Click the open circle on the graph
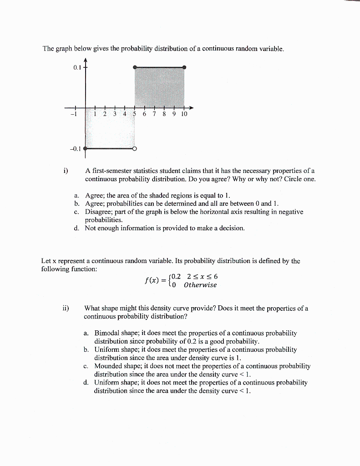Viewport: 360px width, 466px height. tap(134, 148)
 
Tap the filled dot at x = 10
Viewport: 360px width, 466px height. tap(184, 67)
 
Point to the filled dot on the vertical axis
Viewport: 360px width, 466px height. tap(85, 148)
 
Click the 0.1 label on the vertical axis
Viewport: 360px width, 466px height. tap(76, 68)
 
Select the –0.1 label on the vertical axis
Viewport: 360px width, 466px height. tap(75, 148)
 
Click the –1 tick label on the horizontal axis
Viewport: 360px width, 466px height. tap(73, 114)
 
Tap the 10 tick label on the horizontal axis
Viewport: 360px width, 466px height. tap(184, 114)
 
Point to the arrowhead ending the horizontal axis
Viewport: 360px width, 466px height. tap(191, 108)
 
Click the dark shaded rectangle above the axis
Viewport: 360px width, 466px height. tap(159, 86)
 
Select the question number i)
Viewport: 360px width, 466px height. tap(66, 171)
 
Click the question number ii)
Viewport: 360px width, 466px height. tap(66, 308)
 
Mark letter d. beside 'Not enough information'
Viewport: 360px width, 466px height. tap(76, 228)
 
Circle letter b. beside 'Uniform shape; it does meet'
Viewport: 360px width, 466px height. tap(86, 349)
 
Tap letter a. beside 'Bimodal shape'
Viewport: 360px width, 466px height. tap(86, 333)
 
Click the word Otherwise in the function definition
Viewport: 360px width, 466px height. tap(200, 285)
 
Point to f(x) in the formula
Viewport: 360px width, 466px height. tap(152, 280)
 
